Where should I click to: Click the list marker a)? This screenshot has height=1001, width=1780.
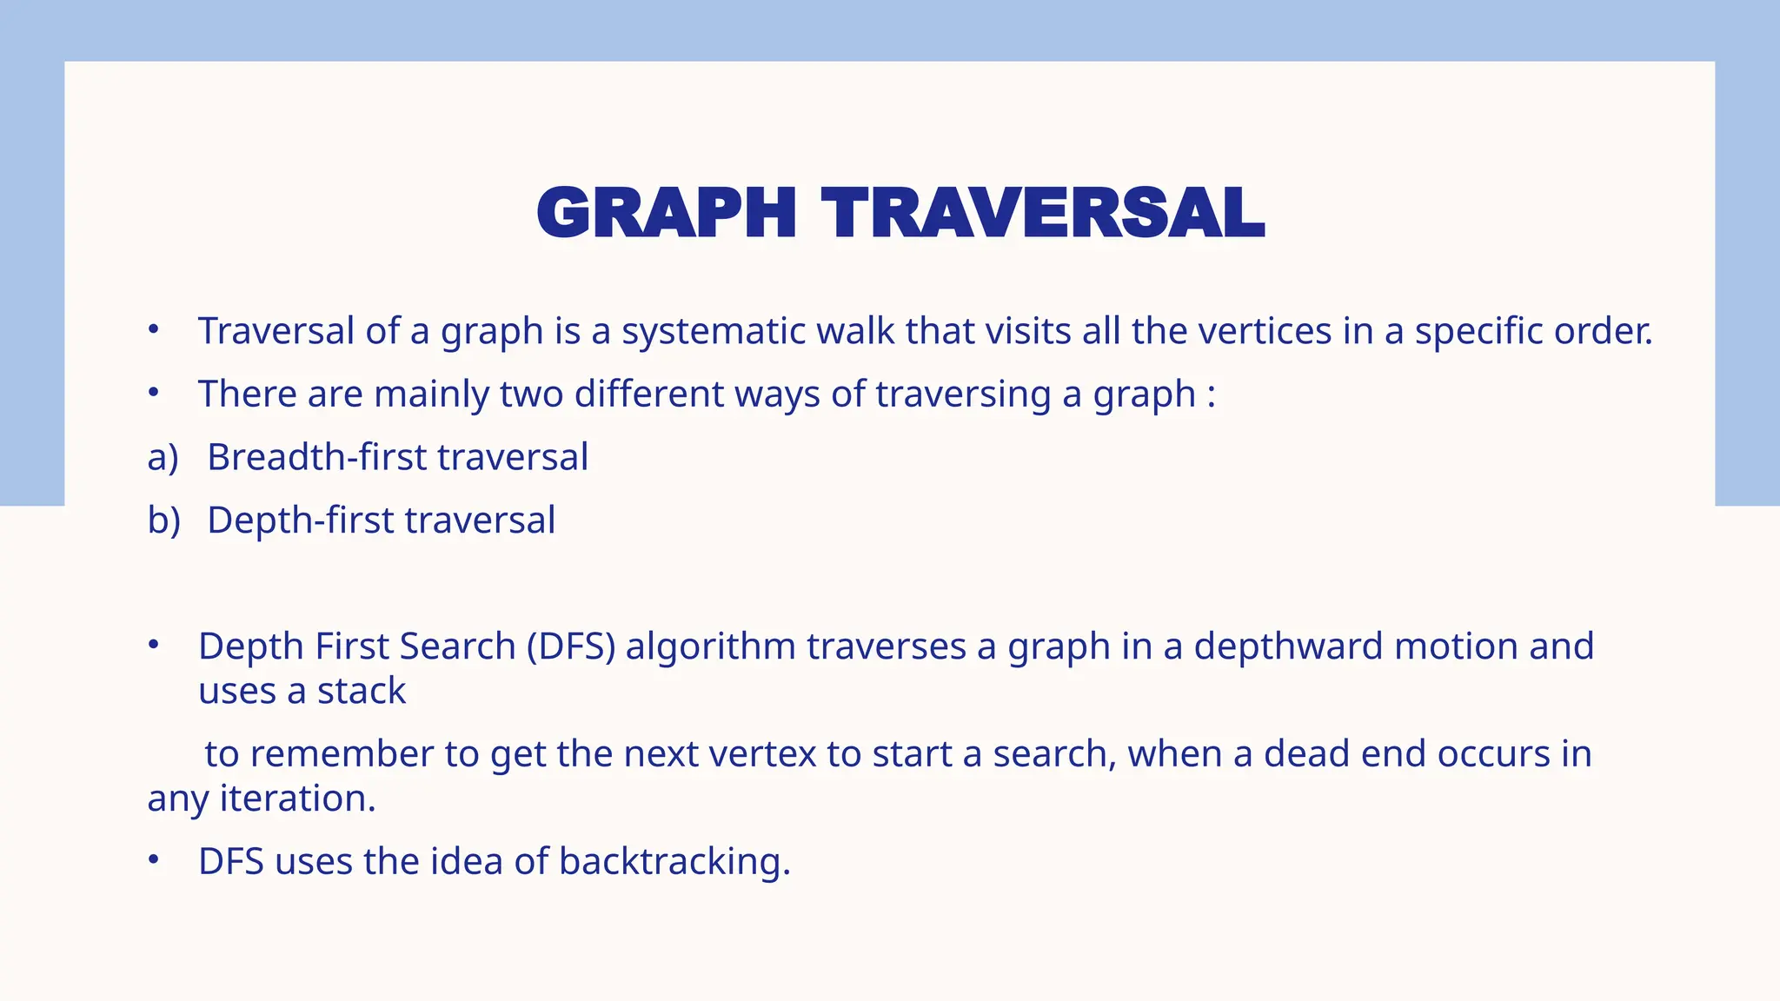(x=163, y=458)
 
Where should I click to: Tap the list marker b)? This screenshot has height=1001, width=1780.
(x=163, y=521)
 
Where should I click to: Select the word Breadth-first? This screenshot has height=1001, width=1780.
(x=316, y=457)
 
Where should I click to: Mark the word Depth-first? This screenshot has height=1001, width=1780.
(x=300, y=521)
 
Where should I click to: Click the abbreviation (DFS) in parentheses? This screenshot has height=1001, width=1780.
(x=571, y=647)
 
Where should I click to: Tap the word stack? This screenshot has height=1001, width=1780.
(x=361, y=692)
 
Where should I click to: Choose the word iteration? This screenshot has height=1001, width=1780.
(x=297, y=799)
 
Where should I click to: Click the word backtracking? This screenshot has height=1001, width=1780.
(x=674, y=862)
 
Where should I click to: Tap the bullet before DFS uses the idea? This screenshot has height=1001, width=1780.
(x=154, y=860)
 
